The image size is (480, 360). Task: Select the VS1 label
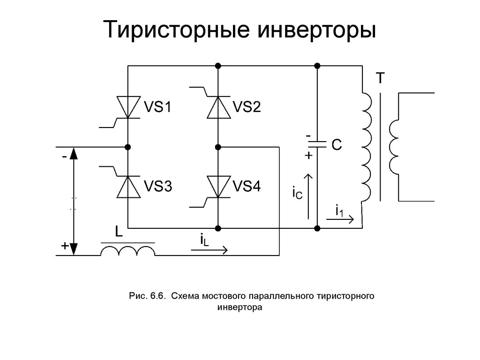tap(157, 108)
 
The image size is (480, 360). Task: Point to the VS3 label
tap(157, 187)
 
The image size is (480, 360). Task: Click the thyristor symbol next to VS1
tap(128, 107)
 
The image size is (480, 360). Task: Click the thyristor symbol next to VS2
tap(218, 107)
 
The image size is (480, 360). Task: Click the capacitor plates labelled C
tap(317, 145)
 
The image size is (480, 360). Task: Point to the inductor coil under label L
tap(128, 251)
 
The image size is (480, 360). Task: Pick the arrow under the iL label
tap(210, 250)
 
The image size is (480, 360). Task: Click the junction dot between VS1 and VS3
tap(128, 147)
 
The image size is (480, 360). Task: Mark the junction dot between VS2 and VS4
tap(218, 147)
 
